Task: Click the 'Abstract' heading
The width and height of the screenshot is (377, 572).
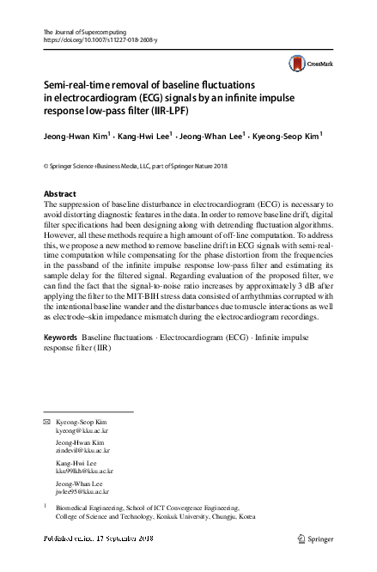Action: pos(59,194)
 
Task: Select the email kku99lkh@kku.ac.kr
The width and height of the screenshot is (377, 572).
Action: pos(84,471)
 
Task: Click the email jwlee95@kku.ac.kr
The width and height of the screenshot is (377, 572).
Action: pos(82,491)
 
